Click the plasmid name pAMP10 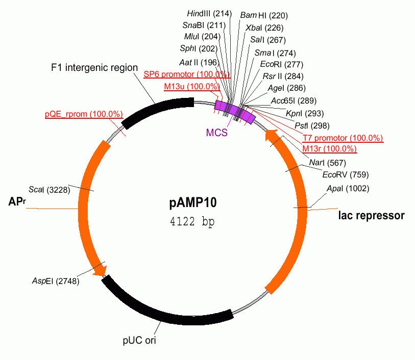pos(193,203)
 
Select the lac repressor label pos(372,215)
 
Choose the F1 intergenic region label pos(94,67)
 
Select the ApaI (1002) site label pos(348,189)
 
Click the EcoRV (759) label pos(345,174)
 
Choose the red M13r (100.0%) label pos(329,149)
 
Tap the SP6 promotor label pos(186,74)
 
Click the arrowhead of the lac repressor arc pos(271,136)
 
